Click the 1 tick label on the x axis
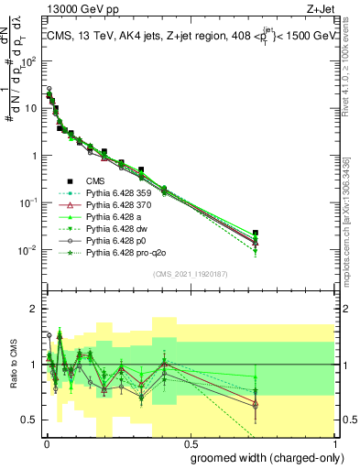pyautogui.click(x=333, y=442)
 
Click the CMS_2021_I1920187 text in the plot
pyautogui.click(x=189, y=274)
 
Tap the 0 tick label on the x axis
pyautogui.click(x=45, y=442)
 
